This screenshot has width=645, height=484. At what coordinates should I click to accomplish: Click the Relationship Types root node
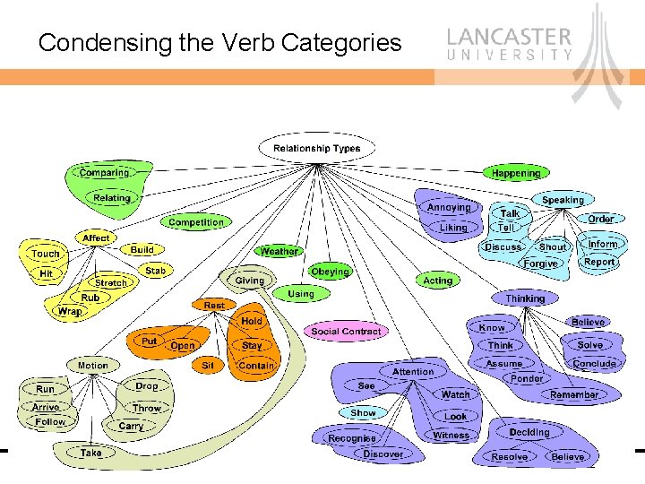click(316, 148)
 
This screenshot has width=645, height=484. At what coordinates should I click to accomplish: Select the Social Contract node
click(346, 331)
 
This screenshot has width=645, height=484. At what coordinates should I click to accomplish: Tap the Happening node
click(516, 172)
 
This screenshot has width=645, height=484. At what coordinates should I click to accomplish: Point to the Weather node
click(279, 252)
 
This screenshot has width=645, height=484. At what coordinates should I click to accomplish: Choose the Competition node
click(196, 222)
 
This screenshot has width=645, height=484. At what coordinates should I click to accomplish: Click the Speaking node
click(563, 200)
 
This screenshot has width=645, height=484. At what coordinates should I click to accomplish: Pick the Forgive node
click(540, 264)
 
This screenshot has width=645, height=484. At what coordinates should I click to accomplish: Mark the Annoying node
click(449, 207)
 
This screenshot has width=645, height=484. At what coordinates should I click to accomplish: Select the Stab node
click(155, 270)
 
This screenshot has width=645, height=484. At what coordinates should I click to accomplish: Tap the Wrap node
click(70, 311)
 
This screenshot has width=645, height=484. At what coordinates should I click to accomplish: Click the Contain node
click(255, 366)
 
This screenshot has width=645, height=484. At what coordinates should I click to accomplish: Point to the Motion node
click(92, 366)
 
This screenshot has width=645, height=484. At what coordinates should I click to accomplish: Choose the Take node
click(90, 454)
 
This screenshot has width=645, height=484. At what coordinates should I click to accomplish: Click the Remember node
click(574, 394)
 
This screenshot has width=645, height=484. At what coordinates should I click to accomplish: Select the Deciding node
click(529, 432)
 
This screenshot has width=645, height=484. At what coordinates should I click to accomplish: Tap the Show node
click(363, 413)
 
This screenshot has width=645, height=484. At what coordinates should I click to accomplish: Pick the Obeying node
click(330, 272)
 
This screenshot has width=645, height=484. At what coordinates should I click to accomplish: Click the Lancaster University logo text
click(509, 42)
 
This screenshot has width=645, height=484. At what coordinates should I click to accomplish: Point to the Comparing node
click(104, 172)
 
